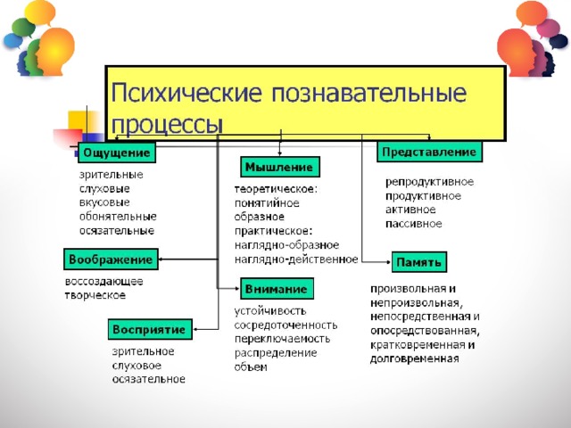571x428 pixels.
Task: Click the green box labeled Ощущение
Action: [x=117, y=152]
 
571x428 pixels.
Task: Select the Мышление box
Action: [x=280, y=167]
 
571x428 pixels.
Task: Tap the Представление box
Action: [x=429, y=152]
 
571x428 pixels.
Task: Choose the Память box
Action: [x=419, y=262]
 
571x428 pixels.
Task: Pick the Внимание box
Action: [x=277, y=289]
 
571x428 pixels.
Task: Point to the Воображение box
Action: [x=111, y=259]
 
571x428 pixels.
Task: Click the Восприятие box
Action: [x=150, y=329]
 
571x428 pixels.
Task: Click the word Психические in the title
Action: [x=186, y=92]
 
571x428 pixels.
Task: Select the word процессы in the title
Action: [x=167, y=125]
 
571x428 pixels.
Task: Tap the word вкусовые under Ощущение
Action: [x=104, y=202]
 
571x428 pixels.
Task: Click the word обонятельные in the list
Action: [x=118, y=217]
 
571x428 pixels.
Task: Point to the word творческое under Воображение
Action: [x=95, y=295]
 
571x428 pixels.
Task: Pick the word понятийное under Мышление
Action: [x=267, y=202]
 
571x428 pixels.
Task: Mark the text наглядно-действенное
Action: [x=296, y=259]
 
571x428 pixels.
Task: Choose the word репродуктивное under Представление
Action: [x=430, y=182]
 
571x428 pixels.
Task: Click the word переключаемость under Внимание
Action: [x=282, y=339]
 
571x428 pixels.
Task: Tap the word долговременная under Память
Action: [x=414, y=358]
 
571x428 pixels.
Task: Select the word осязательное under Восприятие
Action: [x=149, y=379]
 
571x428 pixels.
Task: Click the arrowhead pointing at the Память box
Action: [x=389, y=261]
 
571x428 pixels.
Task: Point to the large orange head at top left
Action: [x=55, y=51]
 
